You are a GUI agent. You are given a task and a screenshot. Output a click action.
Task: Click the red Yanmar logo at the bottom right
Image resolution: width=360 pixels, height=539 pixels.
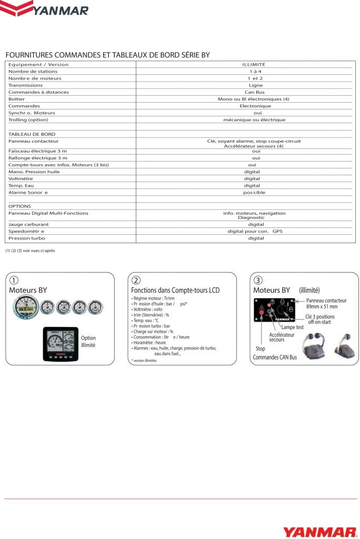(x=319, y=531)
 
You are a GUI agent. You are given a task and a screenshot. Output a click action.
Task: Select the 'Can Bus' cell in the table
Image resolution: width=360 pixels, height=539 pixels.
(x=255, y=92)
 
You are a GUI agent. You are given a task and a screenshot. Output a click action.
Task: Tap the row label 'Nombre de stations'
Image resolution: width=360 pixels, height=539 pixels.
(x=33, y=71)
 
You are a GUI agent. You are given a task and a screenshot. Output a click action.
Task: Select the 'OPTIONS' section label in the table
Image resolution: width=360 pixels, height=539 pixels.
(x=19, y=206)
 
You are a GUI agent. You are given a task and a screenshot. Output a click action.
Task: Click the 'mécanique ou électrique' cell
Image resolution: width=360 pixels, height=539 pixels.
(x=255, y=120)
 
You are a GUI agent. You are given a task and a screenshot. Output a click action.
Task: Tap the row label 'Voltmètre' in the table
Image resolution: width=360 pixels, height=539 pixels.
(x=21, y=178)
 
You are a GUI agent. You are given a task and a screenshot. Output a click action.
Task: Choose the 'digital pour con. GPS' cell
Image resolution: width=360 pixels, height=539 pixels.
(x=255, y=231)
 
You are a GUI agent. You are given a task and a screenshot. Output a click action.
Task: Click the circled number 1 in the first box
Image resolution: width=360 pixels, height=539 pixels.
(x=15, y=280)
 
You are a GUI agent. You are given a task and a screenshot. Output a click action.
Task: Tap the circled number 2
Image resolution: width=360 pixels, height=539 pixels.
(x=136, y=280)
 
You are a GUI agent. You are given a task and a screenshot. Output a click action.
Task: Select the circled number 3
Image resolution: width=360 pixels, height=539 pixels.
(x=258, y=280)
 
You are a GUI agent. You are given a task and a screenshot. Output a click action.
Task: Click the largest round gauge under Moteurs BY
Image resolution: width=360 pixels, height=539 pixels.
(x=24, y=308)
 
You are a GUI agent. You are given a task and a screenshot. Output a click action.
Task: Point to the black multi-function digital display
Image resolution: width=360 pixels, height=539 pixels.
(x=61, y=344)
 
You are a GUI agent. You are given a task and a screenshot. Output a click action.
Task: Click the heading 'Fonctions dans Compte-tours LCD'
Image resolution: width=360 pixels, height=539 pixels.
(x=175, y=290)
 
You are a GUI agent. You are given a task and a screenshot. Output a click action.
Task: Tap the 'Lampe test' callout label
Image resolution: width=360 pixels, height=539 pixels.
(x=292, y=327)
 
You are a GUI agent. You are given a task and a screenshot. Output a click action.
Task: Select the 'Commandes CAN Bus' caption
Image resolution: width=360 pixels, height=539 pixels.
(x=275, y=357)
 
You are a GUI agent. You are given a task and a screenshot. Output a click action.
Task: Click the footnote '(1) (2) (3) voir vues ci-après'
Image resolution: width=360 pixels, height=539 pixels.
(x=30, y=251)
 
